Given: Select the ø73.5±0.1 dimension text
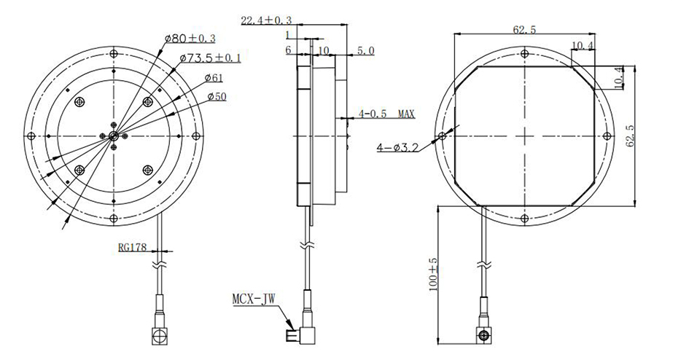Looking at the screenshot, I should [209, 58].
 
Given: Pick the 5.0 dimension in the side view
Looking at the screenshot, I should [365, 51].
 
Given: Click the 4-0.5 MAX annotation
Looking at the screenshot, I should [386, 114].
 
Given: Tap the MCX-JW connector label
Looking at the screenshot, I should [253, 299].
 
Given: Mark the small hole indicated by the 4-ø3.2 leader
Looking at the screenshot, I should [441, 136].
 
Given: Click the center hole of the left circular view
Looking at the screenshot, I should [113, 136].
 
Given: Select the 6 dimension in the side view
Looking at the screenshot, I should [288, 51].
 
